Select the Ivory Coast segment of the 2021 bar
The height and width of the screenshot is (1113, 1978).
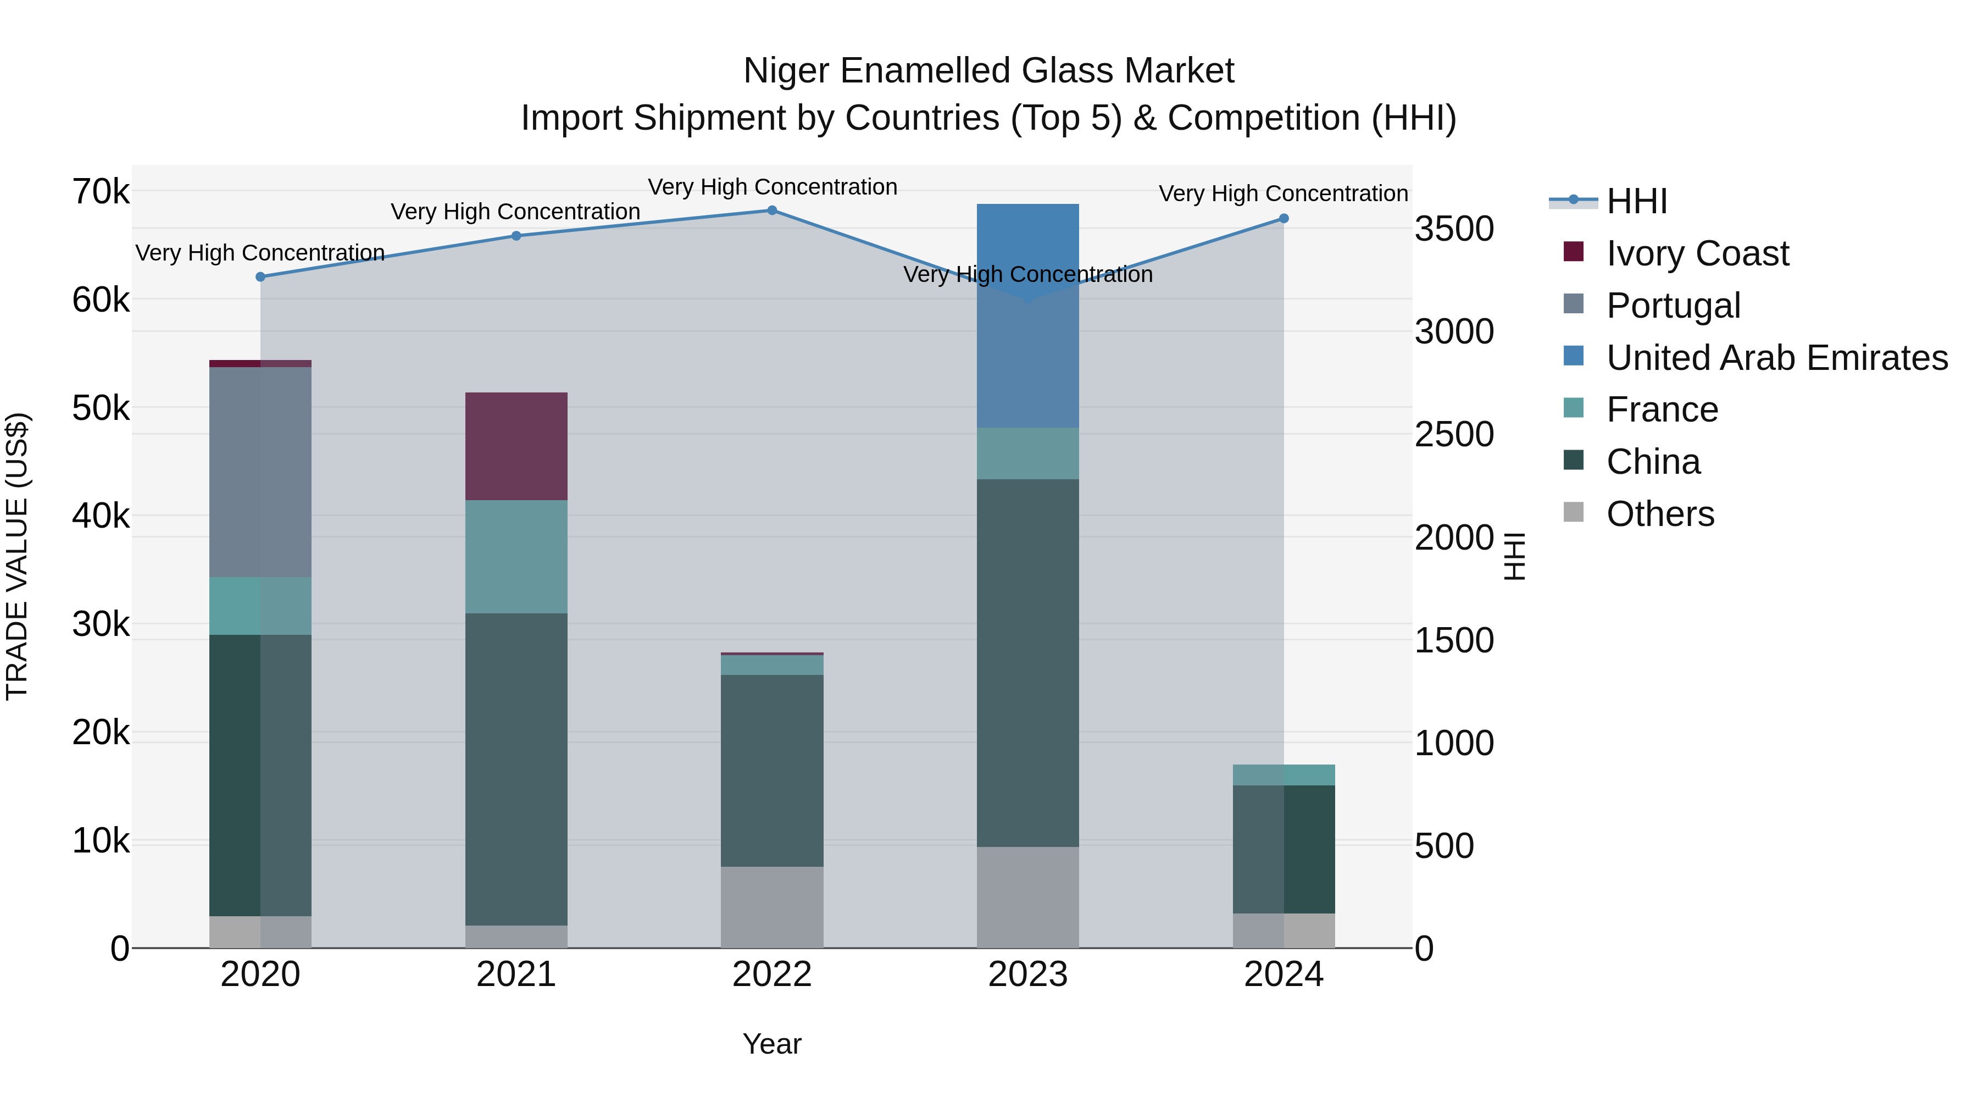[x=516, y=446]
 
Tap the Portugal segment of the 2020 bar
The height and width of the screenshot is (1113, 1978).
[x=260, y=472]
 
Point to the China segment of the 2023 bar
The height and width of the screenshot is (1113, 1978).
[x=1027, y=663]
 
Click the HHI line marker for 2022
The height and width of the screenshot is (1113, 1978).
[x=772, y=211]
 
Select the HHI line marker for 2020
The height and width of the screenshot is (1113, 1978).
[x=260, y=276]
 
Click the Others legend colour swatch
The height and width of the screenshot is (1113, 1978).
[x=1574, y=512]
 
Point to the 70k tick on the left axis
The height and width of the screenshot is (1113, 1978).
[x=101, y=191]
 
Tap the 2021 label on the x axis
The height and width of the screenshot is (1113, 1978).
[x=516, y=974]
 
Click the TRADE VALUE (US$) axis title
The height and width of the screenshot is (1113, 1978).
[x=17, y=556]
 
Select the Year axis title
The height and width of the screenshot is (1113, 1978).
[x=772, y=1044]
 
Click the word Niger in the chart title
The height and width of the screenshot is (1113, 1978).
[x=786, y=71]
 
